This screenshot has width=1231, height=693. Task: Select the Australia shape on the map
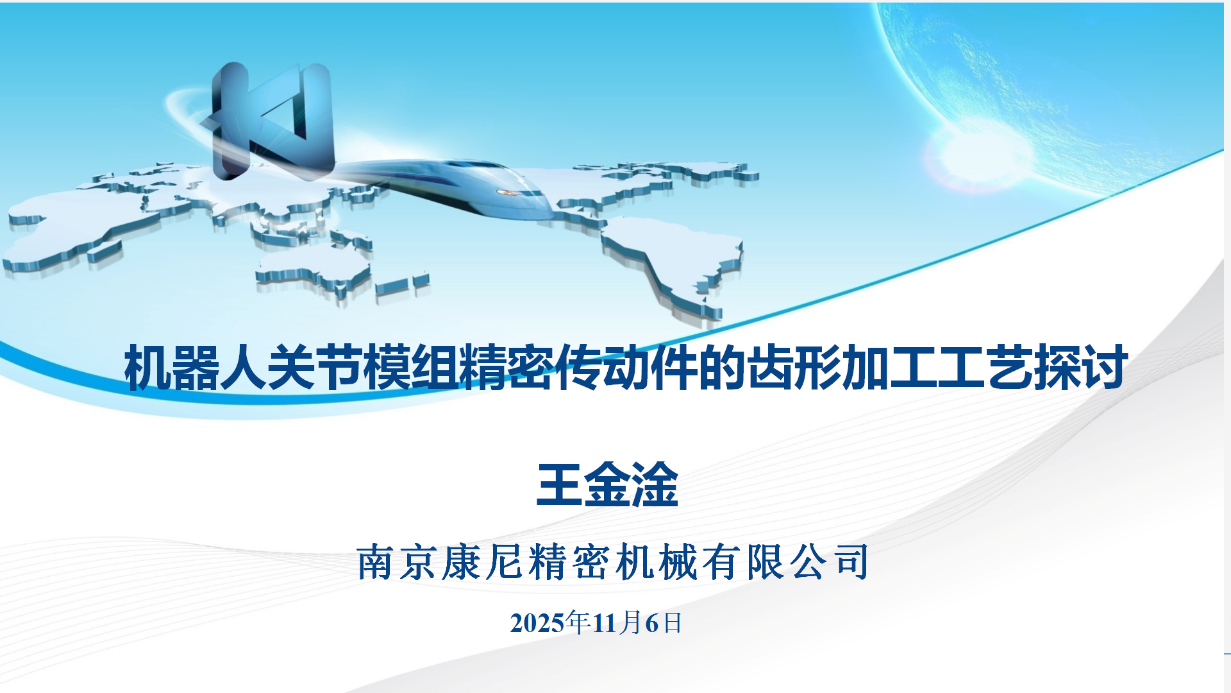point(314,273)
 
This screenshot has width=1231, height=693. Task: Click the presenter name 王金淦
point(607,484)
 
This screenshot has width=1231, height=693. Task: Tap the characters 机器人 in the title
point(196,368)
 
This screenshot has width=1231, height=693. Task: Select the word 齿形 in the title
point(794,368)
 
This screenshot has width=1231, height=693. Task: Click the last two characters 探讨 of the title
point(1080,368)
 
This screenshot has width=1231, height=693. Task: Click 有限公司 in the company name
point(786,562)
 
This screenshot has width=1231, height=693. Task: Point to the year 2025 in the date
point(537,623)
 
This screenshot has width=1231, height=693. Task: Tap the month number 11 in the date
point(605,623)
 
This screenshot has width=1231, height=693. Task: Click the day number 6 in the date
point(652,623)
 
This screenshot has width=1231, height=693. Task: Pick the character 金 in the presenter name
point(607,484)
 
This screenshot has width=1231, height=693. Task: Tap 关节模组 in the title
point(363,368)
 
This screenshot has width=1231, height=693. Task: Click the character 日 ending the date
point(673,623)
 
